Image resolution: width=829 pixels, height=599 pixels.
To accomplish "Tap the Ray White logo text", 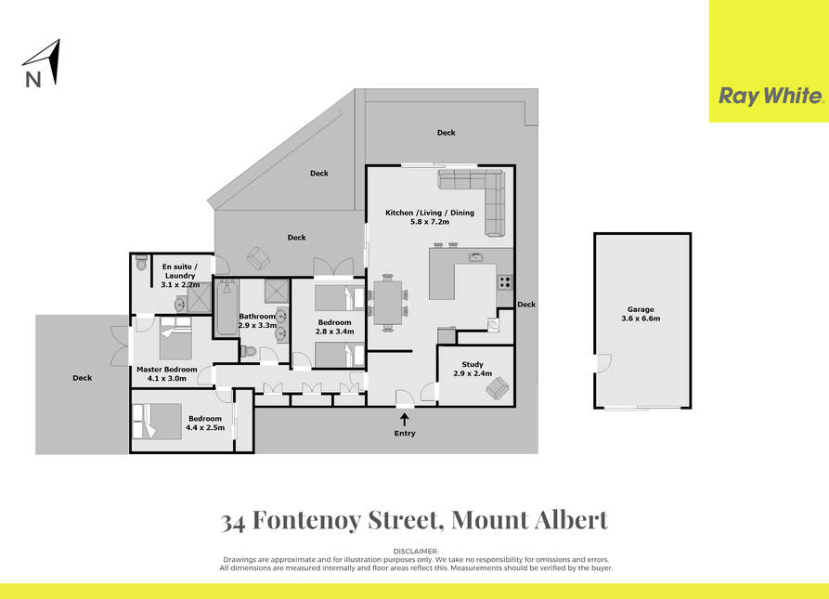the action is click(x=771, y=97).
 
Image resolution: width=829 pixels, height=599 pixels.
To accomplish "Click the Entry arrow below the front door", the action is click(x=405, y=420).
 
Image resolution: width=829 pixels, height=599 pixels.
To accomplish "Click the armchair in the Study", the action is click(x=498, y=389).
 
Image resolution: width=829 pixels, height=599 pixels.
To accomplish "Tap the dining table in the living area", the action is click(x=388, y=303).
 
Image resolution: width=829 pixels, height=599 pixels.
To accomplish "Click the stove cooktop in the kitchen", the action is click(x=504, y=282).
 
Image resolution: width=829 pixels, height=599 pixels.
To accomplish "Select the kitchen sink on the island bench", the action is click(x=476, y=257).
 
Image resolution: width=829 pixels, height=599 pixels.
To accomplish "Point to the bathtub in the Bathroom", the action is click(x=227, y=307).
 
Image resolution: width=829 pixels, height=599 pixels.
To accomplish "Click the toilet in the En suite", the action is click(x=141, y=263).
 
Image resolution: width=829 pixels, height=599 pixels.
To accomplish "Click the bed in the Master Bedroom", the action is click(x=175, y=338).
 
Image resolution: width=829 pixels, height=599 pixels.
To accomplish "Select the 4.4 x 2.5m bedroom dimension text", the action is click(x=205, y=428).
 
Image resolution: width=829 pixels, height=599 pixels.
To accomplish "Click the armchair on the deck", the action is click(x=257, y=258).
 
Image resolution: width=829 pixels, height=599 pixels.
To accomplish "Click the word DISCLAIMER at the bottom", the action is click(x=416, y=552).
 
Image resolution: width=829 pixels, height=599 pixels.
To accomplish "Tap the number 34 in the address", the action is click(x=233, y=522).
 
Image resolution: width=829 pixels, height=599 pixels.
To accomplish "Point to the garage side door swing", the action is click(x=604, y=363).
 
